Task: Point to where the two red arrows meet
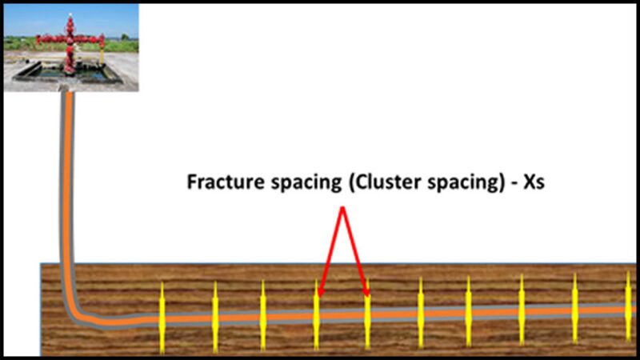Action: point(343,210)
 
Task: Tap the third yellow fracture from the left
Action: point(263,316)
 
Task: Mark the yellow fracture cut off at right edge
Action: point(628,308)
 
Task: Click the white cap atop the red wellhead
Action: point(70,16)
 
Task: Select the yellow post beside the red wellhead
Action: point(102,52)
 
